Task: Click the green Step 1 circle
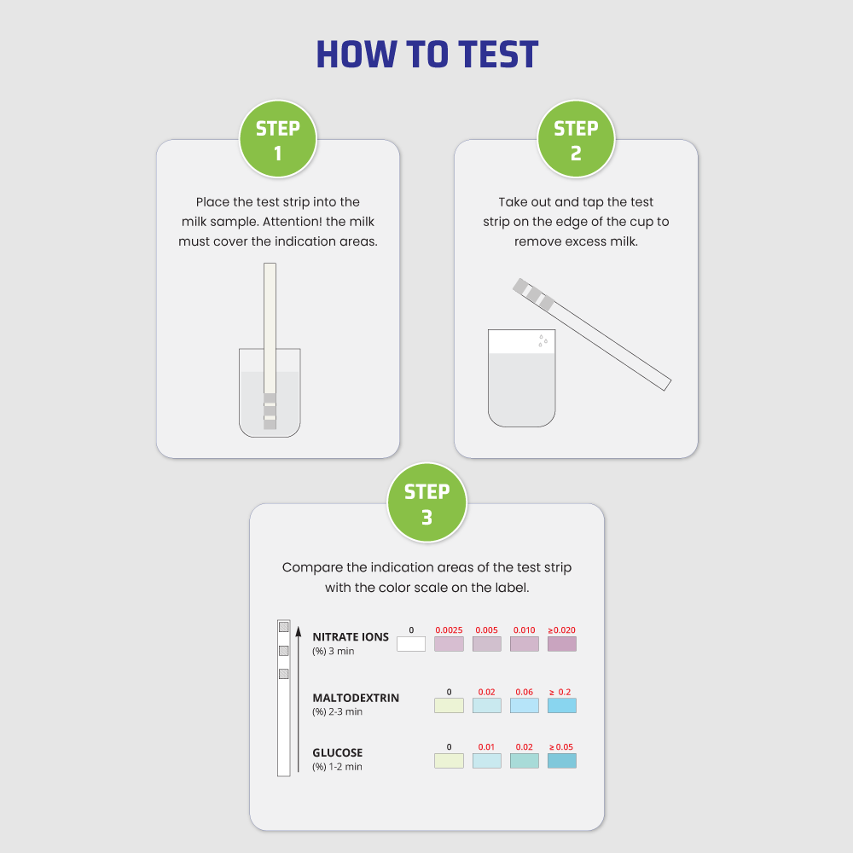[278, 139]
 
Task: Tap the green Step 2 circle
[576, 139]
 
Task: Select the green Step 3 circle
[426, 502]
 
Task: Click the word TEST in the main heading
[498, 55]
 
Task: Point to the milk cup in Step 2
[522, 378]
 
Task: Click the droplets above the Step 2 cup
[543, 340]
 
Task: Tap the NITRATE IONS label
[351, 637]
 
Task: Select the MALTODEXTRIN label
[356, 698]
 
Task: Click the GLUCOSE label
[337, 753]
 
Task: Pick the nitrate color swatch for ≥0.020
[562, 644]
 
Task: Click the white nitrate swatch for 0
[411, 644]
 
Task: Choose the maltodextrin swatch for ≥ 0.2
[562, 705]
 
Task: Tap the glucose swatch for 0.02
[525, 761]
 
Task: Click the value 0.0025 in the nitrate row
[449, 630]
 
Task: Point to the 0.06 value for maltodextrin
[525, 692]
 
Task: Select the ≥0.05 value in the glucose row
[561, 747]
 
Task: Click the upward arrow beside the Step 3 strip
[298, 699]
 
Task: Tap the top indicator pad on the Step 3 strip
[283, 627]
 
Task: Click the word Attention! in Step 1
[292, 222]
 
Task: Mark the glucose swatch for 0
[449, 761]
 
